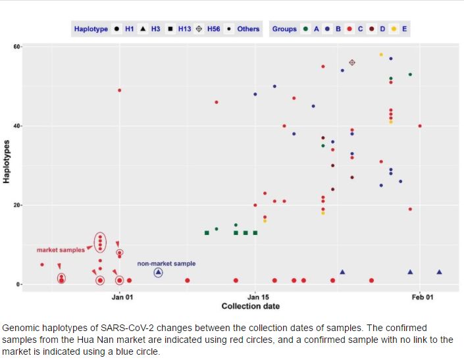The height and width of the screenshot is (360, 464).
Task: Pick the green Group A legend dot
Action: pos(306,29)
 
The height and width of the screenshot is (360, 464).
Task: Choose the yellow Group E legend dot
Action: pos(394,29)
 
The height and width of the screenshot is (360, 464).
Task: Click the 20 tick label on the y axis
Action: pos(15,205)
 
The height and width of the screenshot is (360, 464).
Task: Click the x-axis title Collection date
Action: pos(250,307)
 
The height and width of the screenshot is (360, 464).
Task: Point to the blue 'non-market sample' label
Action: pos(166,264)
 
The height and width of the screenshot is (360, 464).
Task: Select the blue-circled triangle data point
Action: pos(158,272)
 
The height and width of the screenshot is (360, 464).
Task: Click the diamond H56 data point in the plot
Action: pos(352,63)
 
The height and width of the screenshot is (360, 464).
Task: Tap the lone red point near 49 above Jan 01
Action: pos(119,90)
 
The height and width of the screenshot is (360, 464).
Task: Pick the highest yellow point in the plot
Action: pos(381,55)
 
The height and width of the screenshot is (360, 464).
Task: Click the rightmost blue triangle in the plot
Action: pos(439,272)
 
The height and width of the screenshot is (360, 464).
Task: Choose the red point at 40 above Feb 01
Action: pos(420,126)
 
